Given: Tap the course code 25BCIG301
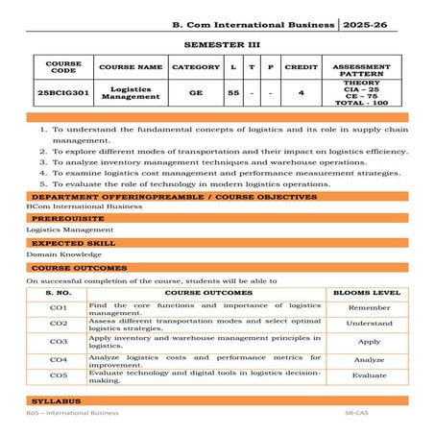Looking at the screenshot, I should click(x=58, y=94).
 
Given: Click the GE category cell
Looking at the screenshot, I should click(x=195, y=94).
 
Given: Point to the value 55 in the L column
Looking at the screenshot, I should click(x=233, y=94).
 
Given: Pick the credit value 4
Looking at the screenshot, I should click(x=301, y=94).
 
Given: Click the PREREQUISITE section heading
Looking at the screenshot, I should click(x=60, y=218).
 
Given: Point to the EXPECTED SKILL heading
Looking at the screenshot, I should click(x=64, y=243).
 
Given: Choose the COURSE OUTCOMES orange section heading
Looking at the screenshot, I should click(x=71, y=268).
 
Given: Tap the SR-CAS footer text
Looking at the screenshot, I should click(x=356, y=413).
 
